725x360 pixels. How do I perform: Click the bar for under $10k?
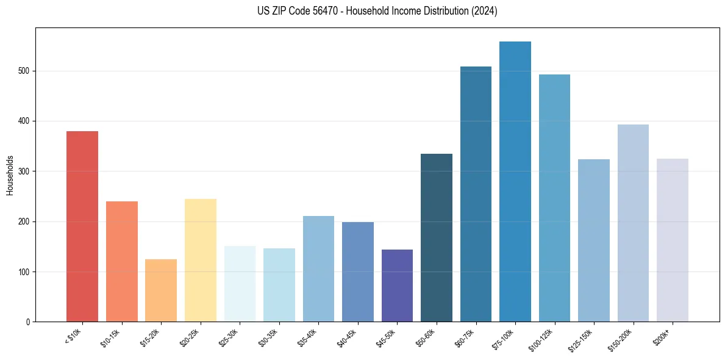tap(82, 226)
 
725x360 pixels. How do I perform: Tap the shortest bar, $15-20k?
tap(161, 290)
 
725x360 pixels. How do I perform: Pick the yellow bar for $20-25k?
tap(200, 260)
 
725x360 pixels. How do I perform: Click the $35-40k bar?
tap(318, 268)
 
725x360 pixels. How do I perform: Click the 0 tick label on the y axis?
tap(28, 322)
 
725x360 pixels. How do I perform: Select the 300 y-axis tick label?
tap(25, 171)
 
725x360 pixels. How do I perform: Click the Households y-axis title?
tap(10, 175)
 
